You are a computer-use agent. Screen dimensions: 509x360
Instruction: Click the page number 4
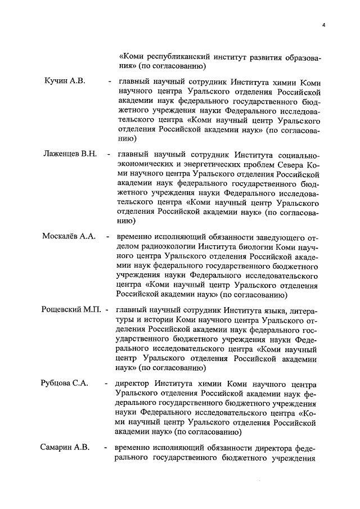click(325, 24)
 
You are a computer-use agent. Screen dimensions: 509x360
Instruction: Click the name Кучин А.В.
click(64, 82)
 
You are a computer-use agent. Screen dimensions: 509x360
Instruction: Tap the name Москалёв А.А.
click(68, 236)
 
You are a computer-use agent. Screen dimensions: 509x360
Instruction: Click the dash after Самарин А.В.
click(105, 448)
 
